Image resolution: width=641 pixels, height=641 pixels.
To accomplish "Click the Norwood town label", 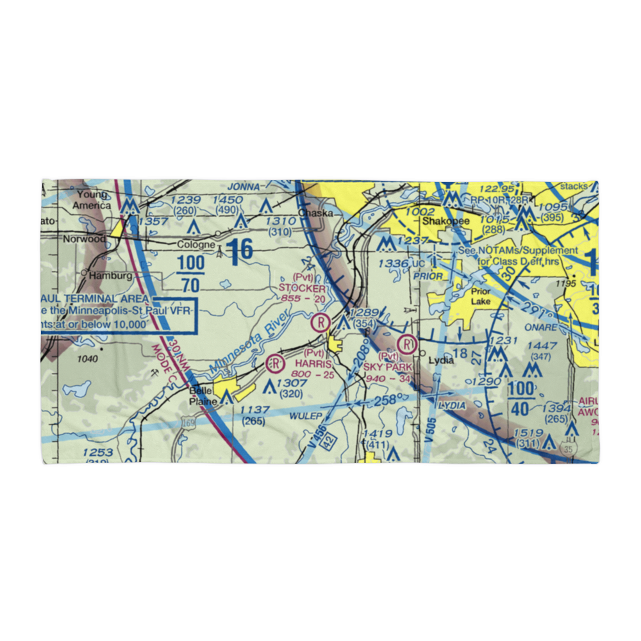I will coord(84,238).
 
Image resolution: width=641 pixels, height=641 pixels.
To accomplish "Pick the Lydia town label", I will coord(441,360).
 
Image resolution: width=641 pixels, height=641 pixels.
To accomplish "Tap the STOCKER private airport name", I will coord(302,288).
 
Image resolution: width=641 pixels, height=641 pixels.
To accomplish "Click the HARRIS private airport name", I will coord(309,364).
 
